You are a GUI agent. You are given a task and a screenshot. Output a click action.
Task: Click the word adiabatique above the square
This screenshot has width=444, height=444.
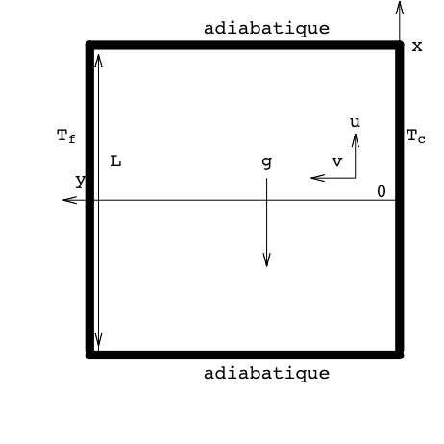266,29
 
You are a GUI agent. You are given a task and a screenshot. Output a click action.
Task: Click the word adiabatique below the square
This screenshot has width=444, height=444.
266,374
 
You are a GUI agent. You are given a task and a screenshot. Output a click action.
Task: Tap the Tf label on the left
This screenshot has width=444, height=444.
66,136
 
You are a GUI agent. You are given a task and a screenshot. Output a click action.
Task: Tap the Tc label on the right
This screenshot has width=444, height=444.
416,136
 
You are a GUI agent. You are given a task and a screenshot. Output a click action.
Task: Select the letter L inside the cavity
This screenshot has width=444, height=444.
115,161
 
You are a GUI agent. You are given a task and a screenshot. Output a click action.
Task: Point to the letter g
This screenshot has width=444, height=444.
267,162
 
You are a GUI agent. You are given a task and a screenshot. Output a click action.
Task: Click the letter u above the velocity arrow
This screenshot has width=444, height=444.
355,122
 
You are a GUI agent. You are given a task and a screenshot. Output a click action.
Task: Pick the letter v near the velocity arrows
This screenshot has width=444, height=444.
337,161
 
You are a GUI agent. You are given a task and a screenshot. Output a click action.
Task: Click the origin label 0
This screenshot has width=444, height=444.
382,191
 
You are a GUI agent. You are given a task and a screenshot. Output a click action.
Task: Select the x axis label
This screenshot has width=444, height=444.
417,47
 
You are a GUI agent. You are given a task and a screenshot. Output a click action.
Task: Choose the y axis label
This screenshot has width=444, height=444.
81,182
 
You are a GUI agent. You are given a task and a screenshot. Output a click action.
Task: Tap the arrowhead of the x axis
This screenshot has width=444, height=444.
400,7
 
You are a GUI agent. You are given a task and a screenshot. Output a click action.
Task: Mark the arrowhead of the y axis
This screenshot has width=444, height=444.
70,200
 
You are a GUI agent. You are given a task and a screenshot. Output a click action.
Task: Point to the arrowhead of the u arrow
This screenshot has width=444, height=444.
355,140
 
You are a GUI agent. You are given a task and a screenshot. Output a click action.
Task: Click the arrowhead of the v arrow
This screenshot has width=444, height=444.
318,178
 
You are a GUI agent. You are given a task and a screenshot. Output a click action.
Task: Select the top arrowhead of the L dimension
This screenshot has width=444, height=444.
98,61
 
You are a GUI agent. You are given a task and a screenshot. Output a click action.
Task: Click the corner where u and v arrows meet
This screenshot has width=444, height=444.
355,178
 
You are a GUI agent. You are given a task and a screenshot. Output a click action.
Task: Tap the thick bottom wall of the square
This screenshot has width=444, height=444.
245,355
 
